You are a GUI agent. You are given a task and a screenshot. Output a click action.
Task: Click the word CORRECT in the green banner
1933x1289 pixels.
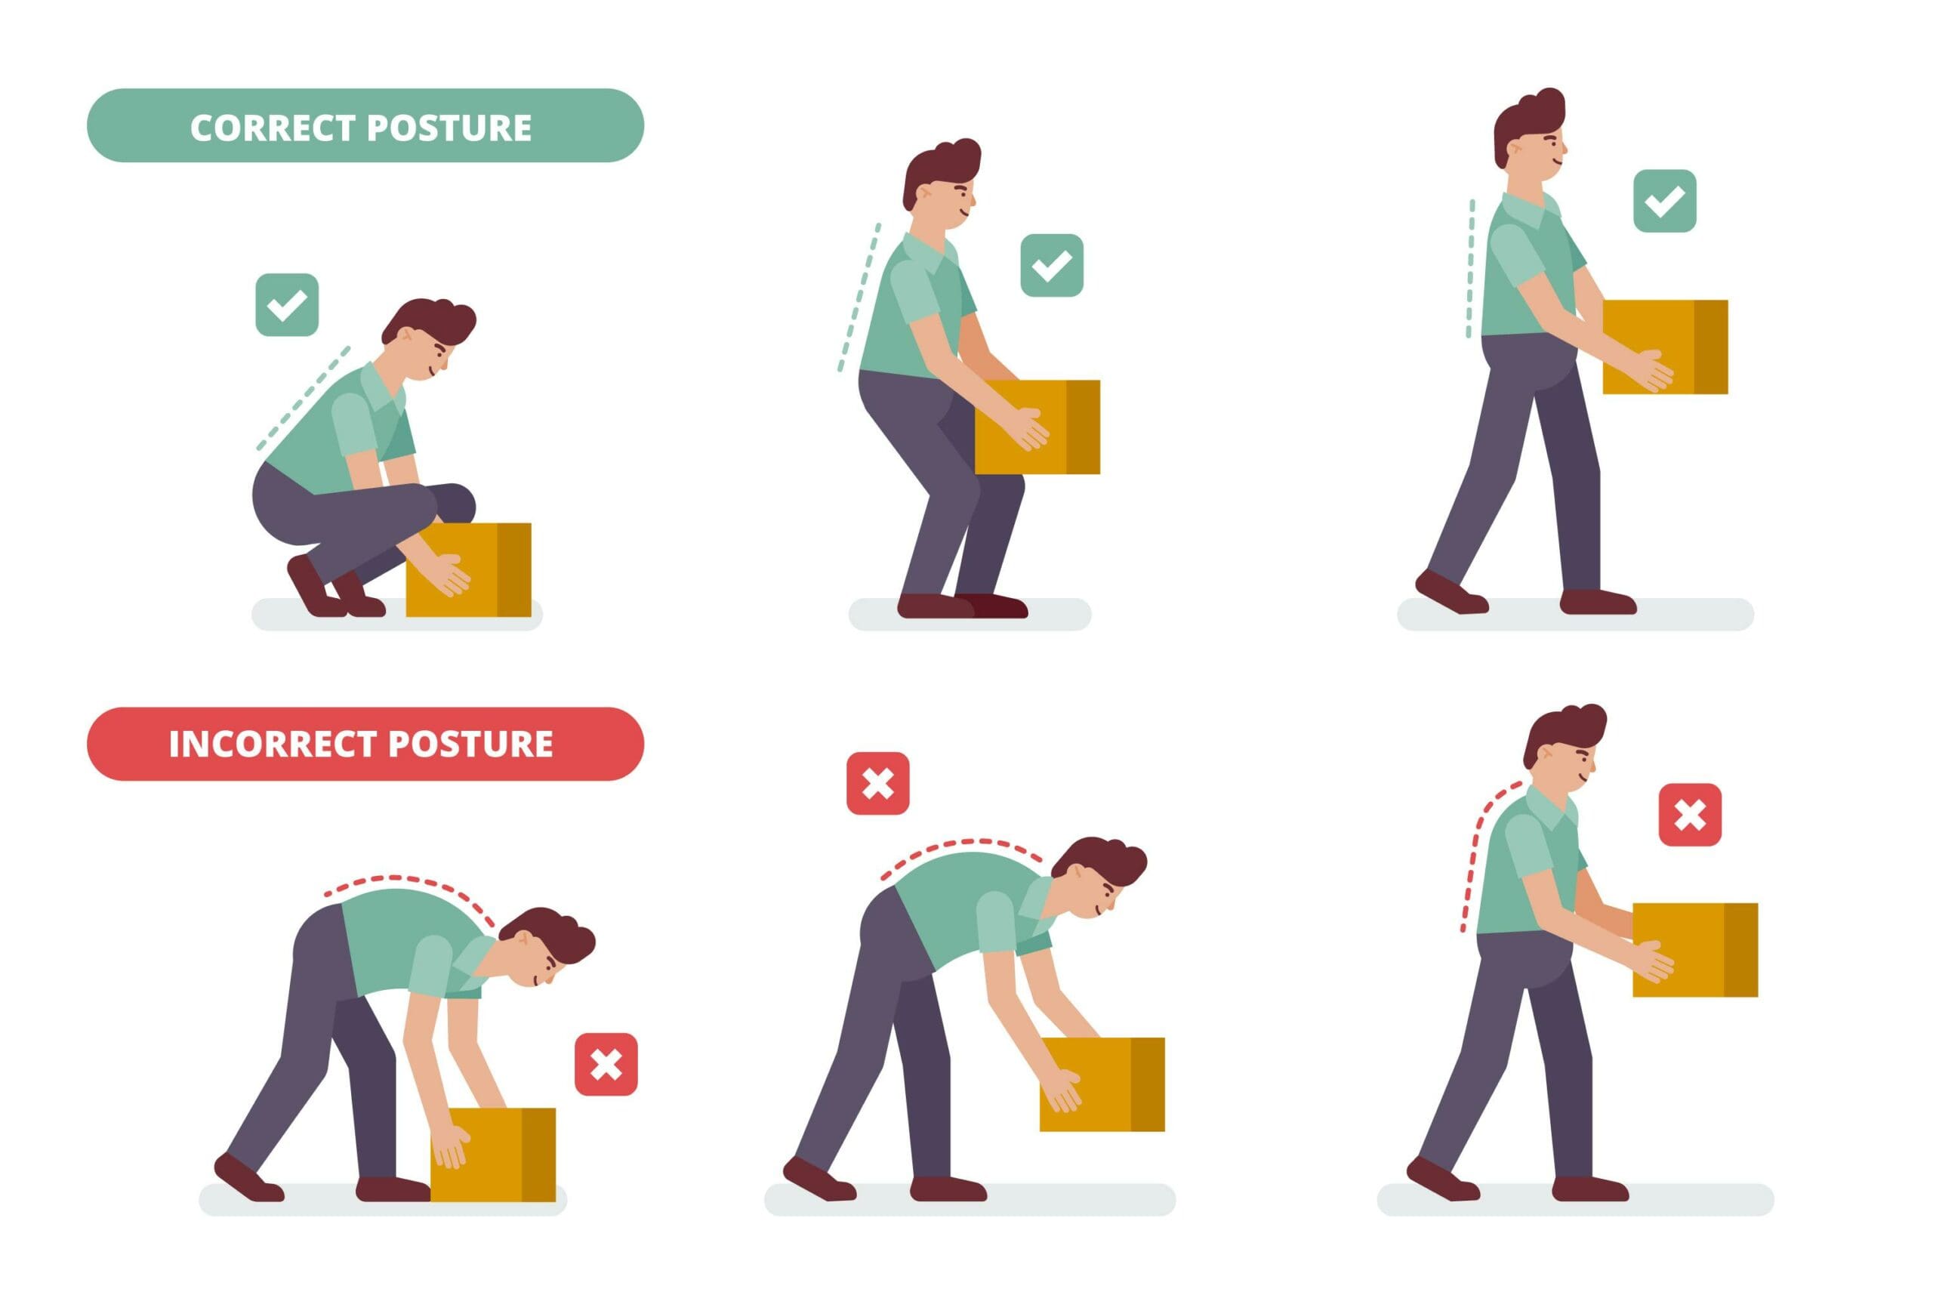point(271,128)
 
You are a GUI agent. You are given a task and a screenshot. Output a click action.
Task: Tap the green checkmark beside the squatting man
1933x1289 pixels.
point(287,305)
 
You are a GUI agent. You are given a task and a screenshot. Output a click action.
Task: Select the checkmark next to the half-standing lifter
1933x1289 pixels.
point(1051,266)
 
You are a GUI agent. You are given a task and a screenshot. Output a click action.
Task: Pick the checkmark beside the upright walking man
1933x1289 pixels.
point(1664,202)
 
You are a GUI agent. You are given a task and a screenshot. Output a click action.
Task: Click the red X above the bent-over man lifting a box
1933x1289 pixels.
point(877,783)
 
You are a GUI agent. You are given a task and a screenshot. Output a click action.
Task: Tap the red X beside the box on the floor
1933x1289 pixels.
point(606,1065)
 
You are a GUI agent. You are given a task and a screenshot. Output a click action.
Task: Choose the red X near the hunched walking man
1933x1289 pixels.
point(1690,815)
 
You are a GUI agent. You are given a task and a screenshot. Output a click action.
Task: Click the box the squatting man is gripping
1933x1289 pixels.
point(468,569)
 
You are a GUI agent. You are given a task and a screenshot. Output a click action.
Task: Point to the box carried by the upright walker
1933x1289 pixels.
point(1664,347)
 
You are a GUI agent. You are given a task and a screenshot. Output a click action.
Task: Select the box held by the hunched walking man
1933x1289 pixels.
point(1694,950)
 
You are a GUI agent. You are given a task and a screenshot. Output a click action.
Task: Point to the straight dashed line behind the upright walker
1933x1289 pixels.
point(1470,269)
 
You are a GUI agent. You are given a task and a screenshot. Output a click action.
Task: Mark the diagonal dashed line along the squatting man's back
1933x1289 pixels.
point(303,399)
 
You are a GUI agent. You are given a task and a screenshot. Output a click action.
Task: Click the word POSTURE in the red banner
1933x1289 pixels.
point(470,744)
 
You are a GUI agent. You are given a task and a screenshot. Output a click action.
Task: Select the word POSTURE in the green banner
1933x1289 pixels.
point(449,128)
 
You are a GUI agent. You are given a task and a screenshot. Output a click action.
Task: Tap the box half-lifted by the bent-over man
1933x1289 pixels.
point(1102,1084)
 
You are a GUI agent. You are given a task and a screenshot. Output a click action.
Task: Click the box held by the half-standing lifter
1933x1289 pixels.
point(1037,427)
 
